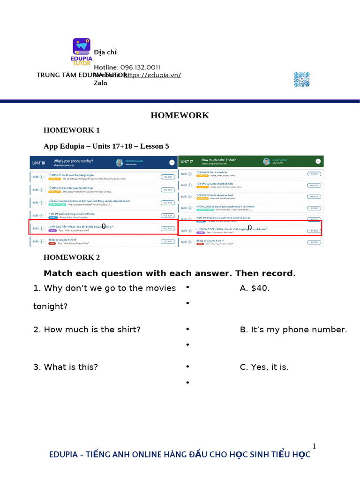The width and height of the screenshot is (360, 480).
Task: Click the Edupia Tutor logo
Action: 82,52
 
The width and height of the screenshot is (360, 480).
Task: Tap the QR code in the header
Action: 302,79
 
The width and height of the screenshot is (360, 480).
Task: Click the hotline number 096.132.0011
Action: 140,67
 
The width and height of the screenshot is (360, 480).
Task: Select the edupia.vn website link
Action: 152,75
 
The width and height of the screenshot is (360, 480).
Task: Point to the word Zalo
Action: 101,83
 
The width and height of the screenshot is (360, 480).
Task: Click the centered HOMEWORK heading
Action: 180,115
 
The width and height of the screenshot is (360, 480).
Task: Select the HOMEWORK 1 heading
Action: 72,130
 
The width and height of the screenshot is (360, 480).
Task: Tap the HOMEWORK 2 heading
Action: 72,257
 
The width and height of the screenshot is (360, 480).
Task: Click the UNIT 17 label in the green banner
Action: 188,161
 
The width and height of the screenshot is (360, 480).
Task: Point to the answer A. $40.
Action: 255,288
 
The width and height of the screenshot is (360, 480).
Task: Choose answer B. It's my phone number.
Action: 293,330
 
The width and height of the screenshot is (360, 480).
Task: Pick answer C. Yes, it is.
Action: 264,367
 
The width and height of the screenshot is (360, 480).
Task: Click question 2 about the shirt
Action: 87,330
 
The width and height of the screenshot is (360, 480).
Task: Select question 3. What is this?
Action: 72,367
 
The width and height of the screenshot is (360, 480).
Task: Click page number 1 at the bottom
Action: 314,446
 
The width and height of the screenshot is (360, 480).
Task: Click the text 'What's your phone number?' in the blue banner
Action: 73,160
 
